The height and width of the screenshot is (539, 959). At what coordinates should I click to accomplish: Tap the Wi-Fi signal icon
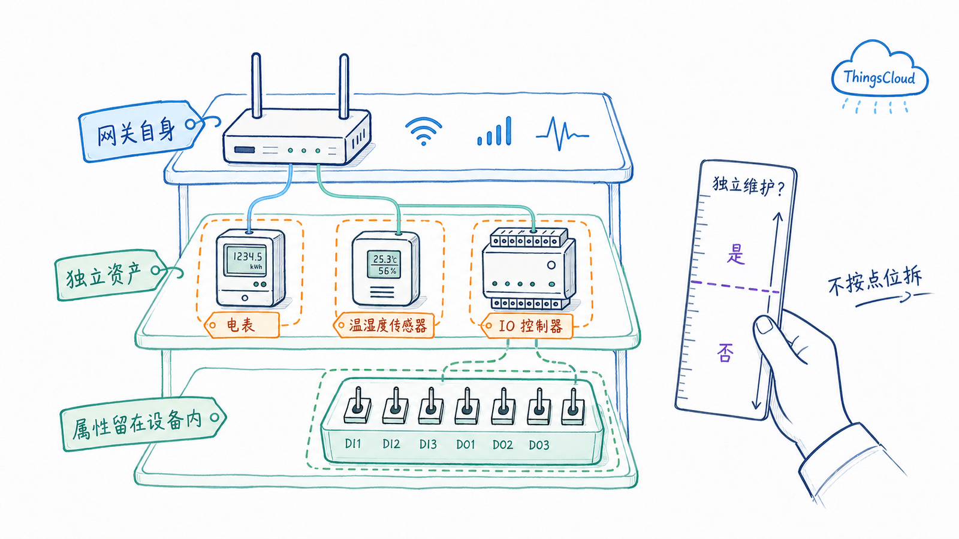click(x=423, y=131)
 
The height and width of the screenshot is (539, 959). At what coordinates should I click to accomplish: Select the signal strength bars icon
click(x=494, y=131)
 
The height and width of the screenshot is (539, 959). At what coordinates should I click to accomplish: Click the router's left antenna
click(x=257, y=86)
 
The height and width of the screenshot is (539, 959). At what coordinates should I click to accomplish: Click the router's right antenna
click(x=344, y=86)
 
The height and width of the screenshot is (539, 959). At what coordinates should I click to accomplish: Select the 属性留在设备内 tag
click(x=141, y=423)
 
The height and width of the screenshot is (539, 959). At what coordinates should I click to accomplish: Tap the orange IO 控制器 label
click(x=527, y=326)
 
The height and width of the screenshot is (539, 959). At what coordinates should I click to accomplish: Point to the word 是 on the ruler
click(x=736, y=254)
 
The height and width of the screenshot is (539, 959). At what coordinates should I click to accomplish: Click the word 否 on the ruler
click(x=725, y=353)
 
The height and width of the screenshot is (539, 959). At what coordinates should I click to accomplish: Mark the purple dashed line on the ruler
click(x=735, y=287)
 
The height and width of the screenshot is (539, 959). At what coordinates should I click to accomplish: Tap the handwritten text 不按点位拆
click(x=874, y=281)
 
